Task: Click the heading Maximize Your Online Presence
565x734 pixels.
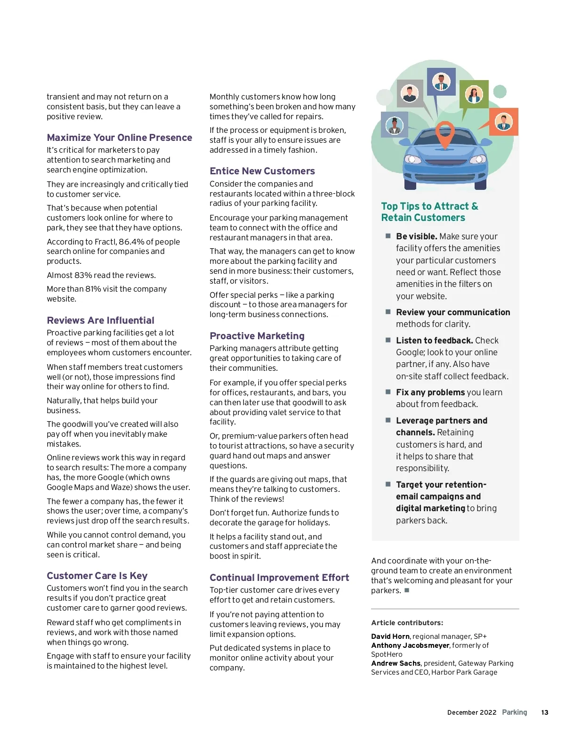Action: pyautogui.click(x=119, y=138)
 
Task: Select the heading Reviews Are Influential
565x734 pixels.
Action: pyautogui.click(x=100, y=320)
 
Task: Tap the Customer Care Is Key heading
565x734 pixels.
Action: pyautogui.click(x=97, y=576)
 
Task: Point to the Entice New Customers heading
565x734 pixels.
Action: pyautogui.click(x=262, y=171)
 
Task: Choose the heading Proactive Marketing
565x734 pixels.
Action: pyautogui.click(x=257, y=336)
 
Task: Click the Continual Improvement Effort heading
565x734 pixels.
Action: pyautogui.click(x=279, y=578)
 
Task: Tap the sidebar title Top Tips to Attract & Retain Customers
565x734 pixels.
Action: pyautogui.click(x=429, y=212)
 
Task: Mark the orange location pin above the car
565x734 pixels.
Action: pyautogui.click(x=444, y=133)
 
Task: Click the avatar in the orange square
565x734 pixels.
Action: pyautogui.click(x=503, y=122)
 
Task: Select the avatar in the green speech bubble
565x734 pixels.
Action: pyautogui.click(x=474, y=94)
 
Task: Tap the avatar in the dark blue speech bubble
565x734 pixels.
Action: pyautogui.click(x=441, y=82)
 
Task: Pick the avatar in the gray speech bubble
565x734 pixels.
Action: pyautogui.click(x=410, y=93)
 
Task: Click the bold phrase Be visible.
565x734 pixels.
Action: pyautogui.click(x=417, y=237)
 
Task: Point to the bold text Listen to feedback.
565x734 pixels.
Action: pyautogui.click(x=434, y=341)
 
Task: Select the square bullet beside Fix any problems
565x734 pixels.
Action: pyautogui.click(x=388, y=392)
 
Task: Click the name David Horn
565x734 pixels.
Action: pyautogui.click(x=390, y=636)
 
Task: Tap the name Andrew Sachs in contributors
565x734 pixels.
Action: pyautogui.click(x=395, y=663)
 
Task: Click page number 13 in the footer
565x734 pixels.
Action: pyautogui.click(x=544, y=712)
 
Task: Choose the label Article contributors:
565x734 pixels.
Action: pyautogui.click(x=407, y=623)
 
